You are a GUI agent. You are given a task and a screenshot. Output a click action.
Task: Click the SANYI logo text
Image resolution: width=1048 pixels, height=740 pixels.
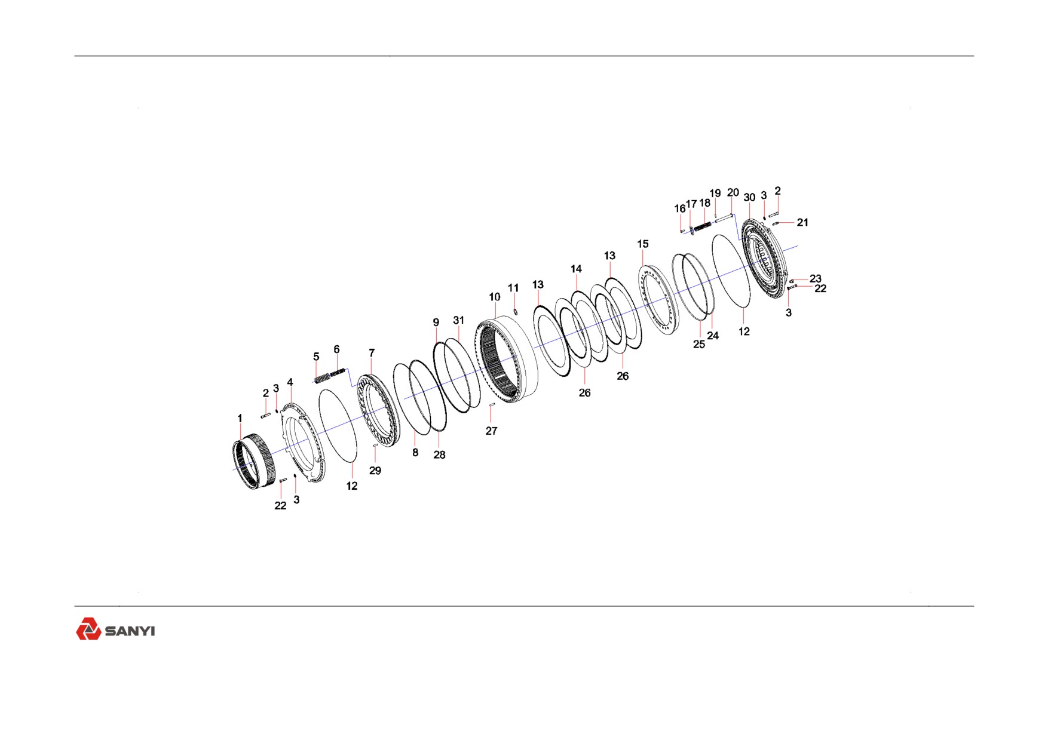[130, 631]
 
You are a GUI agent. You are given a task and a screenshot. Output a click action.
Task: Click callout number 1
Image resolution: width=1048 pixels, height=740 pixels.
[240, 418]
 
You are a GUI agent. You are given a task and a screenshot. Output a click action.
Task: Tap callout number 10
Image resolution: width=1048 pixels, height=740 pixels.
[495, 297]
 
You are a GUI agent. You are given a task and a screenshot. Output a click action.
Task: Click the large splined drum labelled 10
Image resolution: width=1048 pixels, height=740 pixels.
[508, 360]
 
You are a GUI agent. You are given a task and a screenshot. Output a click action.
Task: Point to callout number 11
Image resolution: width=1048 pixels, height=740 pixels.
[513, 288]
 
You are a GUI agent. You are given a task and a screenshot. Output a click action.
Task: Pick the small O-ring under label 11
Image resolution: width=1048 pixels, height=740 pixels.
[516, 311]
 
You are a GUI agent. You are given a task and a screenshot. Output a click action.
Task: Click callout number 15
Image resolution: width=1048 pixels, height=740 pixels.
[643, 244]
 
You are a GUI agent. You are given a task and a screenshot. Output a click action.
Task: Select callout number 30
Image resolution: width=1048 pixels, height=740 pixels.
[749, 197]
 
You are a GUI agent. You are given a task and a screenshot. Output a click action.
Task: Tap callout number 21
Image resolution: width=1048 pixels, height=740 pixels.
[802, 222]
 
